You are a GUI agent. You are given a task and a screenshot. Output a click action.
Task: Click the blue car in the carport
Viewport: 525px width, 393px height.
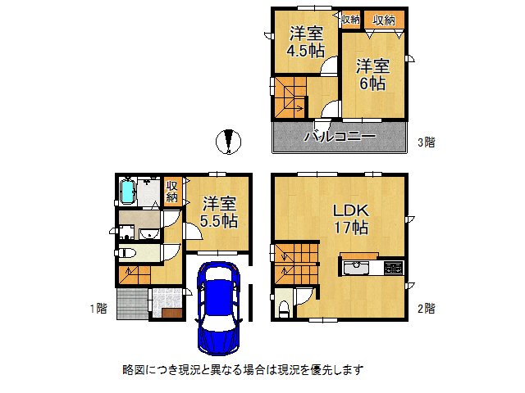(217, 305)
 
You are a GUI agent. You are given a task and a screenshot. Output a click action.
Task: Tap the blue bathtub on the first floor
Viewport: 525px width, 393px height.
(127, 192)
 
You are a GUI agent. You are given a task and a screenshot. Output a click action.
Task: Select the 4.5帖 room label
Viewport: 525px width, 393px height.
(304, 42)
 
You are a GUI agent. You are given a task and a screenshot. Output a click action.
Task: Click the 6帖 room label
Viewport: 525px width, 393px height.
(372, 74)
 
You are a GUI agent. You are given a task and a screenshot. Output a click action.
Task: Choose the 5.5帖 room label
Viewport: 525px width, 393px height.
(219, 211)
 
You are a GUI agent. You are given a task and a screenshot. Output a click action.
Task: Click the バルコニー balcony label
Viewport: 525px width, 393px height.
(340, 137)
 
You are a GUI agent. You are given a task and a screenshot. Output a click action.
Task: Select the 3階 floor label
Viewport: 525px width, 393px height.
(425, 142)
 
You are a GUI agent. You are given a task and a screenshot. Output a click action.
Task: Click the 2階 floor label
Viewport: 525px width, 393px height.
(425, 309)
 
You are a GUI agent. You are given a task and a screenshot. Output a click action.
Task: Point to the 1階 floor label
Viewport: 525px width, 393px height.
(98, 309)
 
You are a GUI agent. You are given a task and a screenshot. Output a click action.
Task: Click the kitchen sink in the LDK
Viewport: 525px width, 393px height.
(358, 268)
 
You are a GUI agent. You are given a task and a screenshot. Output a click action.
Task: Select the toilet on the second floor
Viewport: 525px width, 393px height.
(284, 306)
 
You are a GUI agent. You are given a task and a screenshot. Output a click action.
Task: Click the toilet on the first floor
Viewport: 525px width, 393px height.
(130, 253)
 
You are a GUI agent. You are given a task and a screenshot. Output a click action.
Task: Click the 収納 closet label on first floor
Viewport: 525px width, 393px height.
(172, 192)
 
